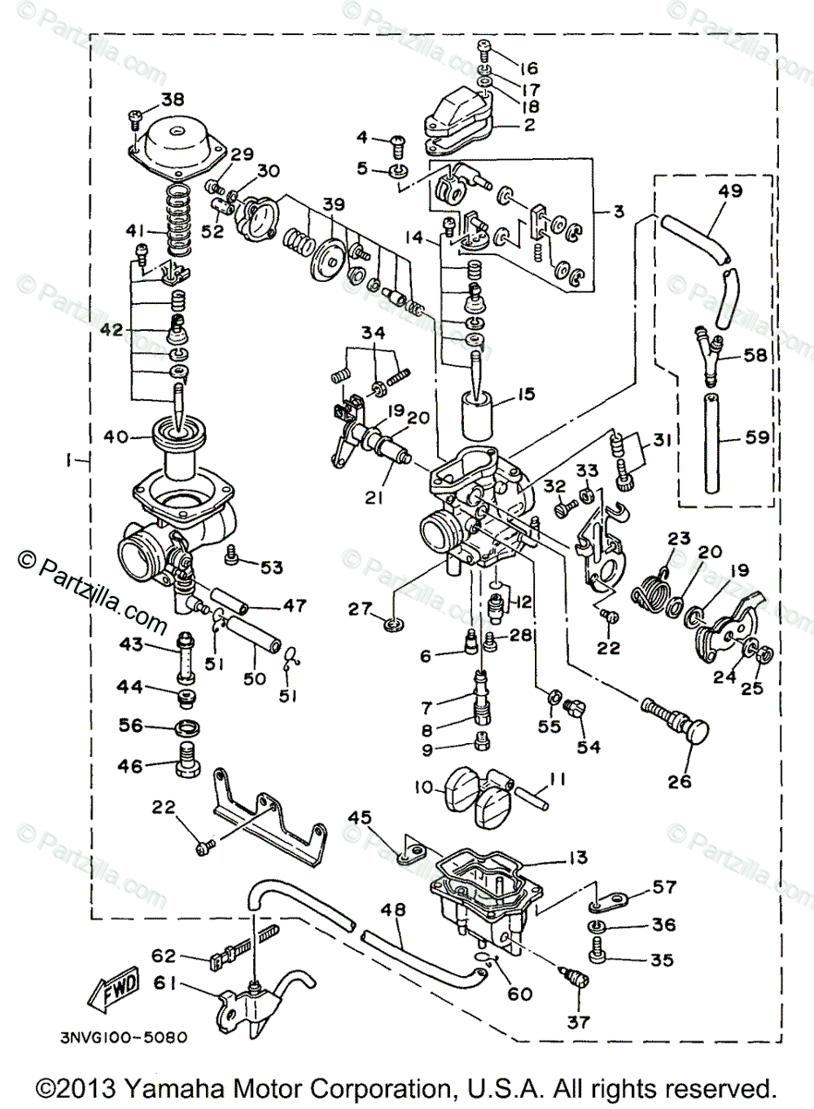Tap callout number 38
click(x=173, y=100)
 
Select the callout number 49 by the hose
click(x=730, y=192)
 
